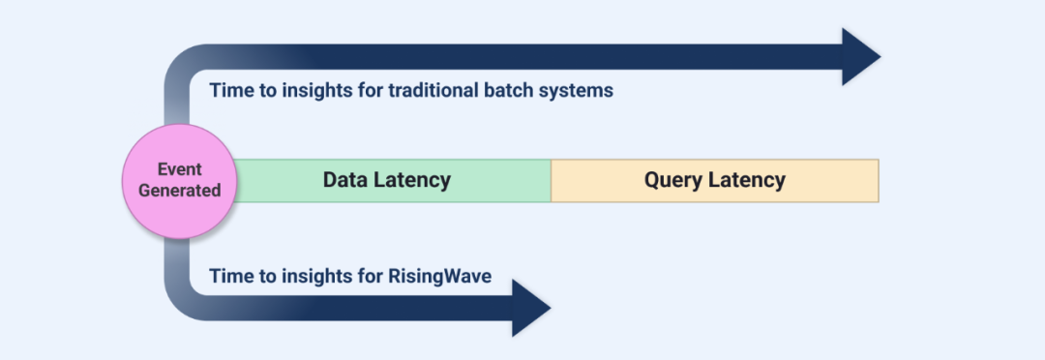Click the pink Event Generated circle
(x=179, y=181)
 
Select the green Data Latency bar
(x=393, y=181)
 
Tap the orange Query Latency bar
(x=714, y=181)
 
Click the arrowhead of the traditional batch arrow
(x=861, y=57)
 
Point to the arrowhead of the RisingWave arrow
(x=531, y=308)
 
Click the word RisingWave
(x=440, y=276)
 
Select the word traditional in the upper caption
(x=431, y=90)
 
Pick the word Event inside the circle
(x=179, y=169)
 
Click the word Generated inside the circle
(x=179, y=190)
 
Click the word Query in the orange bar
(x=672, y=181)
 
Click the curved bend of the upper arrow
(x=183, y=64)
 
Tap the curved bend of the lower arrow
(x=183, y=300)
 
